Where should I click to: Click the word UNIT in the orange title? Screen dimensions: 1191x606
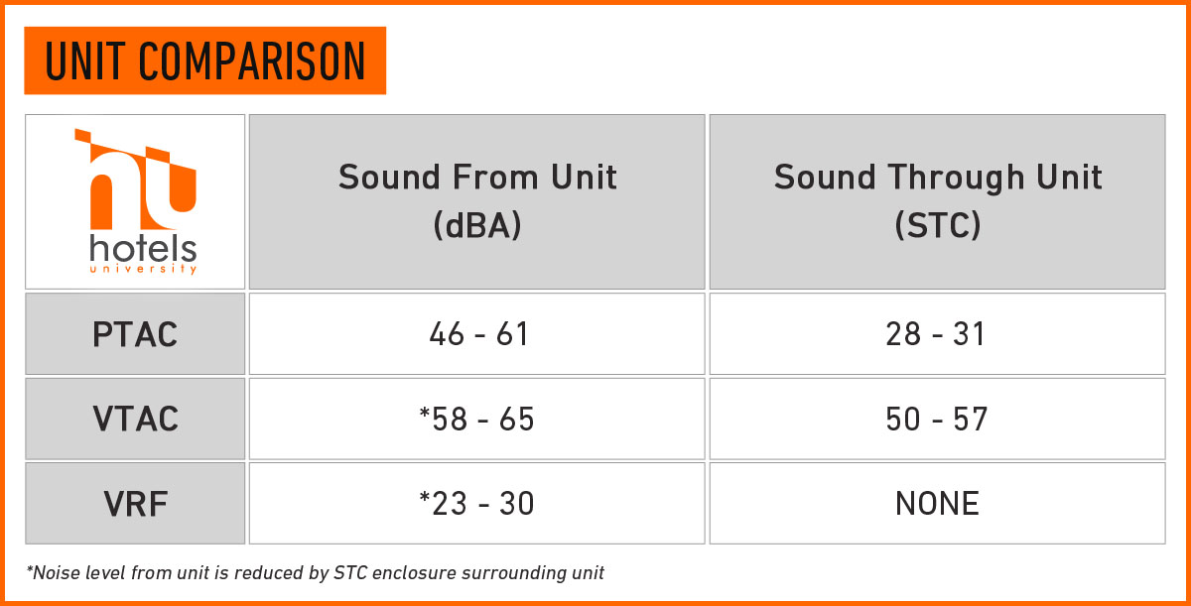point(85,61)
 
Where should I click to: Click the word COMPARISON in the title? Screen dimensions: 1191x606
point(252,61)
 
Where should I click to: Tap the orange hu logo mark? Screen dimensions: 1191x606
point(136,179)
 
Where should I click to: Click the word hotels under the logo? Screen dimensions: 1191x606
point(143,249)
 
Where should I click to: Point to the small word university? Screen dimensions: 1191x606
point(143,268)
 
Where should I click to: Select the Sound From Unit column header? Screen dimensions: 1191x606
point(477,177)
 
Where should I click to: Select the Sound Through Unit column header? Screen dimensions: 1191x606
point(938,177)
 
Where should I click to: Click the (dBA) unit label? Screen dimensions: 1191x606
point(477,225)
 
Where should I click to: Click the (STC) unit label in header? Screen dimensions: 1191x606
point(938,225)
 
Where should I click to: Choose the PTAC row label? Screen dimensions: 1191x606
point(135,334)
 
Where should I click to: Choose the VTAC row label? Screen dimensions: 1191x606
point(136,419)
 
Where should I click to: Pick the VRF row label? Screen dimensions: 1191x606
point(136,504)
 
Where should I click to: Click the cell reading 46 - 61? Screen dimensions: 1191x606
point(478,334)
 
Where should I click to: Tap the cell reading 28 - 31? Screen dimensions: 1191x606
point(936,334)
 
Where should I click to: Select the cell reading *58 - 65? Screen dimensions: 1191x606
point(477,419)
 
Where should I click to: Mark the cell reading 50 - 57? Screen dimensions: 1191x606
point(937,419)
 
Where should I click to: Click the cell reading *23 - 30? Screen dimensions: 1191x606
point(477,504)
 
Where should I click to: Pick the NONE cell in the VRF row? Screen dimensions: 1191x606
point(937,504)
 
